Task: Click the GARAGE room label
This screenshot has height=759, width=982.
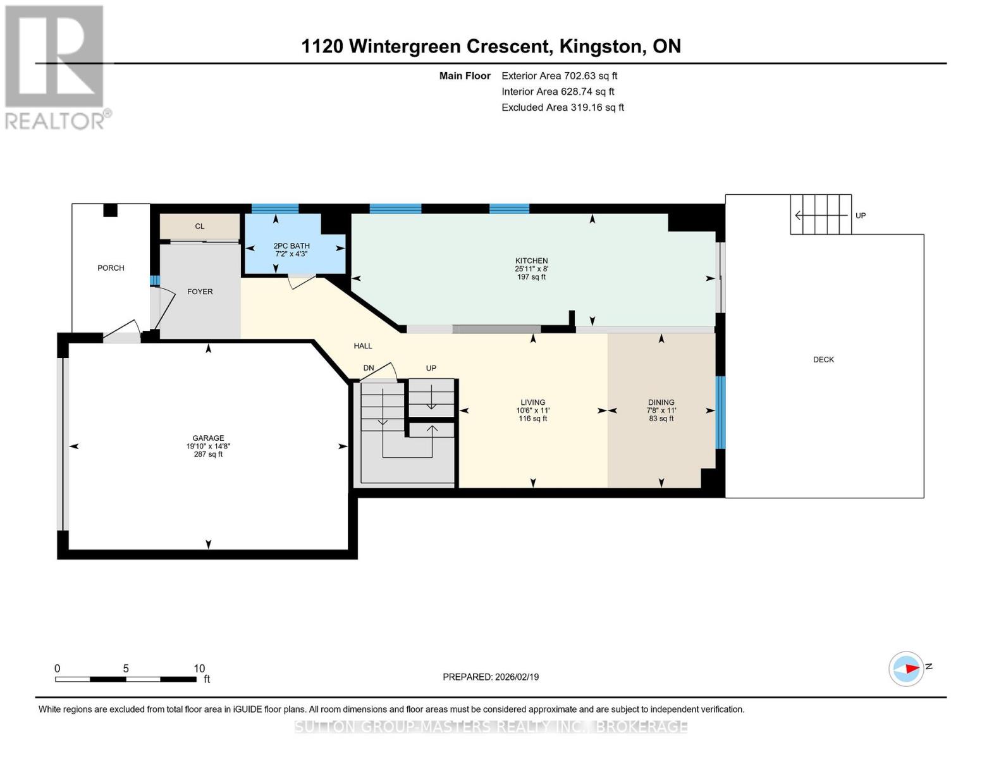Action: click(x=208, y=438)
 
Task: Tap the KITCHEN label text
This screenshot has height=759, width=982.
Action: click(x=531, y=261)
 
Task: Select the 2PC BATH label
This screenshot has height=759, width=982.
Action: click(x=292, y=246)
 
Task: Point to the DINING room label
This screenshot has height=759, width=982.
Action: click(x=661, y=402)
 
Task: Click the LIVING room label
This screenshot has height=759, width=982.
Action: click(x=532, y=402)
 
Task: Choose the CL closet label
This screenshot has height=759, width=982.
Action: click(x=200, y=226)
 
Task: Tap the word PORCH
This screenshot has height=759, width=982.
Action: click(x=111, y=268)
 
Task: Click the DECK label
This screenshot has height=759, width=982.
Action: click(x=823, y=359)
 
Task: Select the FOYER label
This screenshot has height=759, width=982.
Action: click(x=200, y=292)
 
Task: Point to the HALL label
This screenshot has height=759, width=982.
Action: click(x=363, y=346)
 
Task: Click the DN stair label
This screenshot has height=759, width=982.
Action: click(x=369, y=368)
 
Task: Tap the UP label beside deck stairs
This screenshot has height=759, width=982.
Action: click(x=860, y=216)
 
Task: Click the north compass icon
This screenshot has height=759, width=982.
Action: click(x=906, y=669)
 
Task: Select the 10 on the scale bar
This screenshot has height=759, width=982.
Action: click(x=199, y=669)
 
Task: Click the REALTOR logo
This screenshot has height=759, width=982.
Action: click(x=56, y=66)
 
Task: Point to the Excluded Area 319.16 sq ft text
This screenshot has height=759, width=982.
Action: click(x=562, y=108)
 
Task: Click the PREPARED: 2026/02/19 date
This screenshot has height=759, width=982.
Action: click(x=490, y=677)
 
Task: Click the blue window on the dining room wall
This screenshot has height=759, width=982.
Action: click(x=720, y=412)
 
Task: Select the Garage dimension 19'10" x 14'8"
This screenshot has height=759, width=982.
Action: click(x=208, y=446)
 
